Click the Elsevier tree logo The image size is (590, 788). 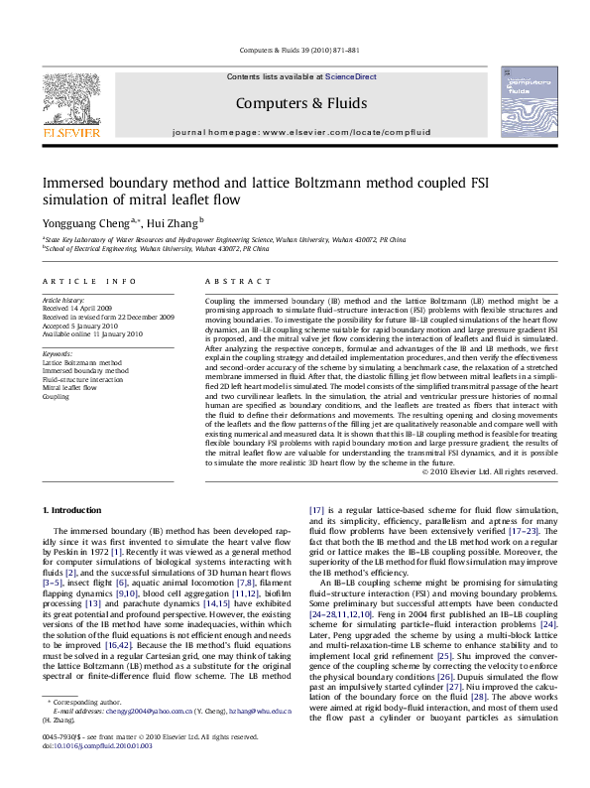(x=70, y=96)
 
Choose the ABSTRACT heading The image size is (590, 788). (x=227, y=283)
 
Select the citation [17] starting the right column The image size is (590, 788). (x=317, y=509)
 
